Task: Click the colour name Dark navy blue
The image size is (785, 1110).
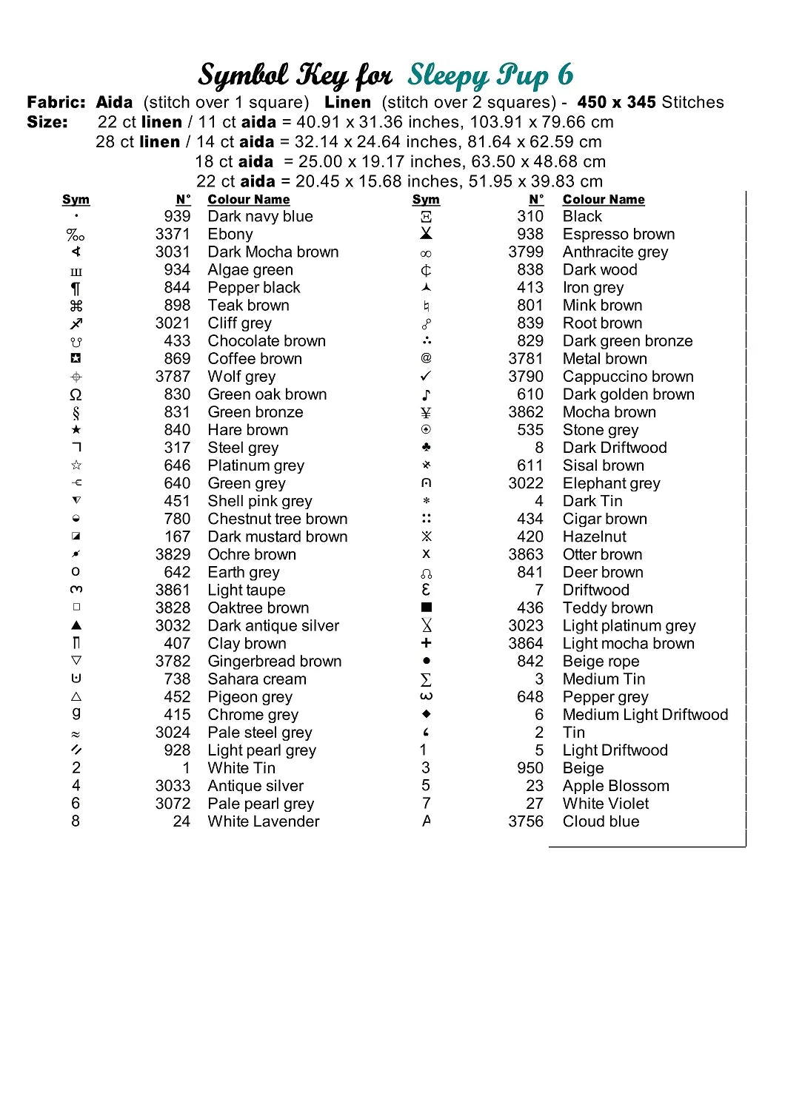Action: (260, 217)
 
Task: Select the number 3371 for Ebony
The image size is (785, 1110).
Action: (173, 235)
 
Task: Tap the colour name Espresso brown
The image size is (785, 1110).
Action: (618, 235)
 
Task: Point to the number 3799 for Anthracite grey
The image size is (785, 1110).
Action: (526, 252)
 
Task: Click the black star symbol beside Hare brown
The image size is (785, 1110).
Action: (76, 430)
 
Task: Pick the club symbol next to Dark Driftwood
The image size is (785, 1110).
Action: (426, 448)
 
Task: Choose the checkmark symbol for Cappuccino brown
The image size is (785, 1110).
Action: (426, 377)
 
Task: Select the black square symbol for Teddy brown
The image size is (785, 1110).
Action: (426, 608)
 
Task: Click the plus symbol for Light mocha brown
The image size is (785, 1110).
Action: (426, 643)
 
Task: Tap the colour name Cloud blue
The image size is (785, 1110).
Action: (601, 821)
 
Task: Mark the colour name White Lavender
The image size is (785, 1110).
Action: (264, 821)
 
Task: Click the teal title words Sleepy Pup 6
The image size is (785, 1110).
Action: (490, 75)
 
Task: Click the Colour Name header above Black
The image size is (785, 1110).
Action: (604, 200)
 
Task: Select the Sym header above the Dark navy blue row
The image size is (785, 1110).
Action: (76, 200)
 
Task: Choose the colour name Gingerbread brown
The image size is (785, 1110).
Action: (275, 662)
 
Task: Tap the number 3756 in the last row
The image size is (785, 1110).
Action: (526, 821)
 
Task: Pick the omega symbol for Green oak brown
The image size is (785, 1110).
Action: (76, 394)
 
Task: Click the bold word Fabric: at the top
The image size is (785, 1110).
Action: (56, 102)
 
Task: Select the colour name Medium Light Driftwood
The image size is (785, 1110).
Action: (645, 715)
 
